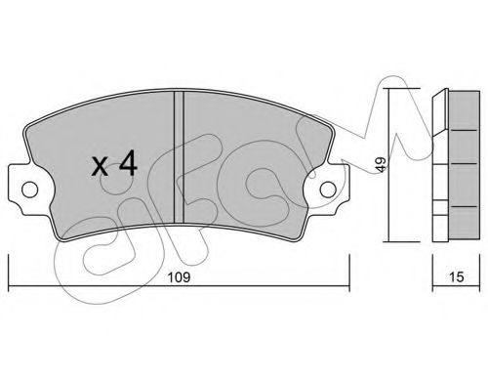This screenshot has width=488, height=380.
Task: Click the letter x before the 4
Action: point(100,167)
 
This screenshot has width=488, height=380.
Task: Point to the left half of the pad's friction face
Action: point(98,137)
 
